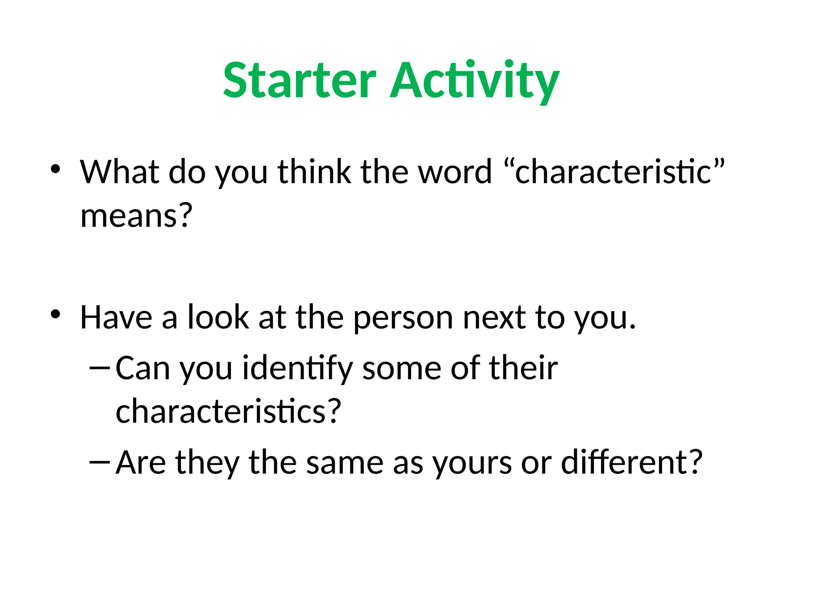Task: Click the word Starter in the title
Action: (x=299, y=81)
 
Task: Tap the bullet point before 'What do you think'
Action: (x=55, y=169)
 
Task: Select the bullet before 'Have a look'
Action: (x=55, y=314)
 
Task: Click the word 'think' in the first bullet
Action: (x=314, y=172)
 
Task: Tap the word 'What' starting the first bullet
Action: (x=119, y=172)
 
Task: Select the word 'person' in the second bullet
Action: (x=403, y=318)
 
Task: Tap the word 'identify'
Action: (x=297, y=369)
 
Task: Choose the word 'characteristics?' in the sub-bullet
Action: (x=228, y=412)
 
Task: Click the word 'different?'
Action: (x=632, y=463)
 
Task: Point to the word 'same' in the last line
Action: (x=345, y=463)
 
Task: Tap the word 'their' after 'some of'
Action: (x=523, y=368)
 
